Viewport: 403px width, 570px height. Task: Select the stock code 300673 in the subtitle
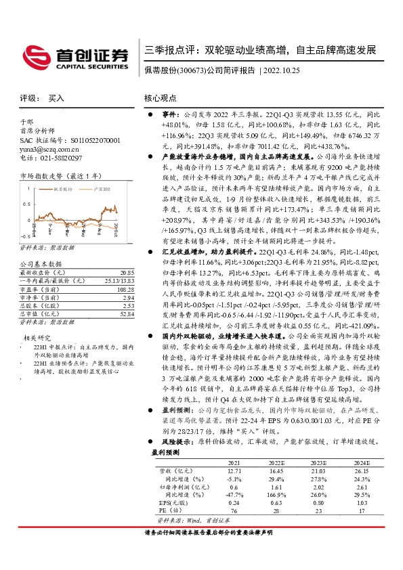coord(191,70)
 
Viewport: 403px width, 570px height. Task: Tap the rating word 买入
coord(57,98)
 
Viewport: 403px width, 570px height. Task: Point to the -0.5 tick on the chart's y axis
coord(25,236)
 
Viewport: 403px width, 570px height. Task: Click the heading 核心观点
coord(160,98)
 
